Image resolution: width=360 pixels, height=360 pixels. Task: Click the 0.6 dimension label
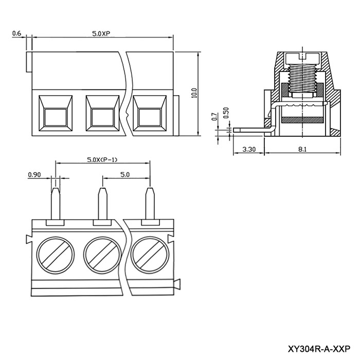pos(16,33)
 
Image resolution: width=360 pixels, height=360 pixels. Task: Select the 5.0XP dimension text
pos(101,33)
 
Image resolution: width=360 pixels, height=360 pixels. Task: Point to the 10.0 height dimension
pos(194,93)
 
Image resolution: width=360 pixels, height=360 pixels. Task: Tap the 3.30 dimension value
pos(249,150)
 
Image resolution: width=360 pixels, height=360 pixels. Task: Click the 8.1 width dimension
pos(302,150)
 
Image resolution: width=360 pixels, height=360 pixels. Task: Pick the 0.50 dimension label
pos(226,113)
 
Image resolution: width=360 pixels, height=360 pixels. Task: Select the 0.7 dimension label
pos(214,117)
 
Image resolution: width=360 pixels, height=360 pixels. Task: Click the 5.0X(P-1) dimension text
pos(102,159)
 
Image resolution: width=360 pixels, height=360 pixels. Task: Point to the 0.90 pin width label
pos(34,175)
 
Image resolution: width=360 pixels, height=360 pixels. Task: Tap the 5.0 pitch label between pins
pos(125,175)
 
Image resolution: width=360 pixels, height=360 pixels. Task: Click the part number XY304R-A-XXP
pos(319,349)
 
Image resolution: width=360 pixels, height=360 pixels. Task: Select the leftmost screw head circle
pos(56,255)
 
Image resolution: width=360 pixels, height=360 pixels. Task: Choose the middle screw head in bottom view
pos(102,255)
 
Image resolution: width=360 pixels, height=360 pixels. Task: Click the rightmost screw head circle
pos(150,255)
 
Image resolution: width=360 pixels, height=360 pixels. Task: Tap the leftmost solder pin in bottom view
pos(56,204)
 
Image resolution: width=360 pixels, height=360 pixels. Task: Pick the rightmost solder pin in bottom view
pos(150,204)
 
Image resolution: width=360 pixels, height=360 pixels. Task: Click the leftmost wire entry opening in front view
pos(56,114)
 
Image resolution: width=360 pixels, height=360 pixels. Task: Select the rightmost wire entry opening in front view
pos(150,114)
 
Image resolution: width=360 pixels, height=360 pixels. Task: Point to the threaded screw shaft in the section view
pos(302,78)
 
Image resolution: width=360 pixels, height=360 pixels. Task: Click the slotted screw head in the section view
pos(302,59)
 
